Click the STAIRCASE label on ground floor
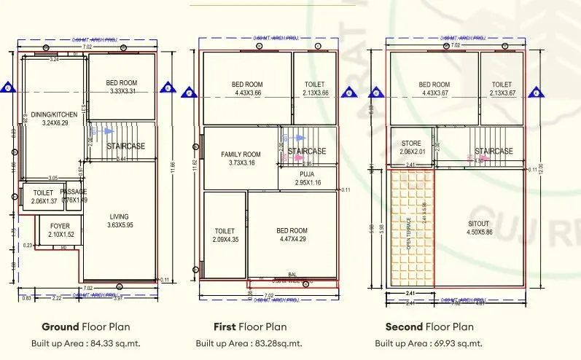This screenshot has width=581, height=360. pyautogui.click(x=125, y=146)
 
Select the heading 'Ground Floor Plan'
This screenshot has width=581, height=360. pyautogui.click(x=85, y=326)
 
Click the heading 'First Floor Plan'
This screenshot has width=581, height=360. pyautogui.click(x=249, y=326)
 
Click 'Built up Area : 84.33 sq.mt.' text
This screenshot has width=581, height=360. pyautogui.click(x=85, y=343)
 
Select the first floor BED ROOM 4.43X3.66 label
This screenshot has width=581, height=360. pyautogui.click(x=248, y=89)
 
